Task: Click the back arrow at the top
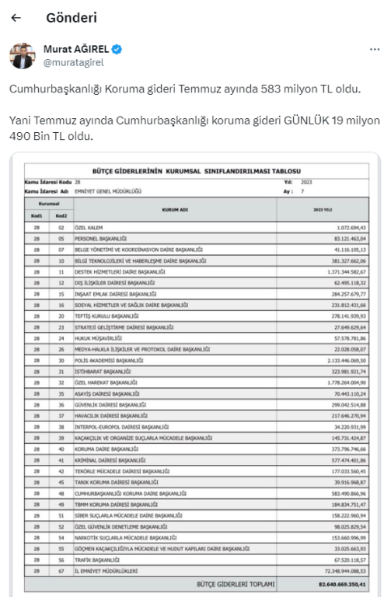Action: pyautogui.click(x=16, y=18)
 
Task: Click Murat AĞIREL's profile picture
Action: pyautogui.click(x=23, y=55)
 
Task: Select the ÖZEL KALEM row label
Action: pyautogui.click(x=89, y=227)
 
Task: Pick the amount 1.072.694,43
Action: pyautogui.click(x=344, y=227)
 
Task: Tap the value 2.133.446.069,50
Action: pyautogui.click(x=339, y=361)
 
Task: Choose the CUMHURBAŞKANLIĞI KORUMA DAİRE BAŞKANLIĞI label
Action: pyautogui.click(x=131, y=494)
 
